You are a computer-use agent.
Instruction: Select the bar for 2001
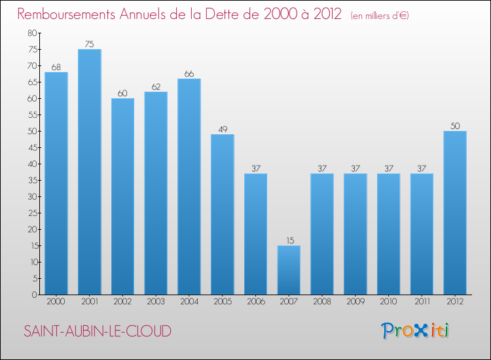(x=89, y=171)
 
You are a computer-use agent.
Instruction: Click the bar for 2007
(x=289, y=270)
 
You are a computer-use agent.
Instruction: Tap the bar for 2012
(x=455, y=213)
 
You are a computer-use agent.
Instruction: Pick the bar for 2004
(x=189, y=187)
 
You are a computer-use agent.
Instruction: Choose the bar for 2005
(x=222, y=214)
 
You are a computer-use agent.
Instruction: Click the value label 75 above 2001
(x=89, y=45)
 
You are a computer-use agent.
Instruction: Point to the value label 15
(x=289, y=241)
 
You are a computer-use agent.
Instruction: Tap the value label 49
(x=222, y=130)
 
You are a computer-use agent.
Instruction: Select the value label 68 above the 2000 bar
(x=56, y=67)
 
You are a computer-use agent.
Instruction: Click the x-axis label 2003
(x=156, y=302)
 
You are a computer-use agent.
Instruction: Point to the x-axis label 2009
(x=355, y=302)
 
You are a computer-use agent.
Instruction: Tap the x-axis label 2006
(x=255, y=302)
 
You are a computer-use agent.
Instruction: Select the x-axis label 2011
(x=422, y=302)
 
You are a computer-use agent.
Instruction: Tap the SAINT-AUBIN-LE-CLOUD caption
(x=98, y=331)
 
